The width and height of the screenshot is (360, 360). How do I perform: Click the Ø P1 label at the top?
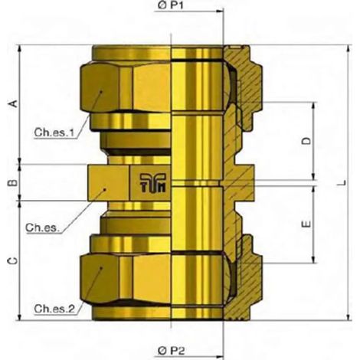click(170, 5)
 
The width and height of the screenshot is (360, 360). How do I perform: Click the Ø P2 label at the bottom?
click(171, 351)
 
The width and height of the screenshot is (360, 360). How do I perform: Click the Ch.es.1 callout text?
click(54, 133)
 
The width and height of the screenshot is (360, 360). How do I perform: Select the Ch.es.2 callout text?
click(54, 309)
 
